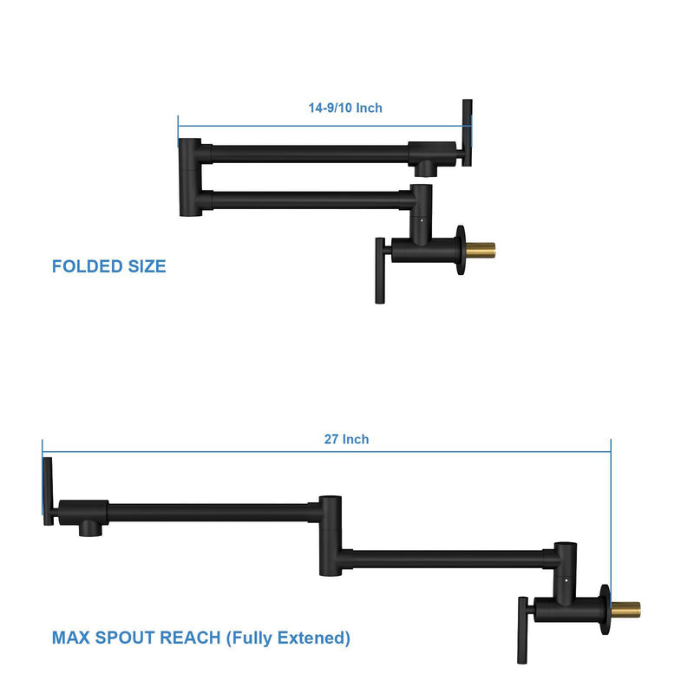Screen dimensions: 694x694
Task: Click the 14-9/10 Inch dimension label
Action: click(x=345, y=108)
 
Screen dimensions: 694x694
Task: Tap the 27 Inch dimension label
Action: click(x=346, y=440)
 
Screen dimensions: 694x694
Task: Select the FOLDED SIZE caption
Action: click(x=108, y=266)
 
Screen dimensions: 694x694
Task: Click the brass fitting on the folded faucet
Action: click(x=482, y=250)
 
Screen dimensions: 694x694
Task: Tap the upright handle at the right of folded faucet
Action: click(x=467, y=133)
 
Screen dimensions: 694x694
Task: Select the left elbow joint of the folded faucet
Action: click(x=189, y=177)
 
